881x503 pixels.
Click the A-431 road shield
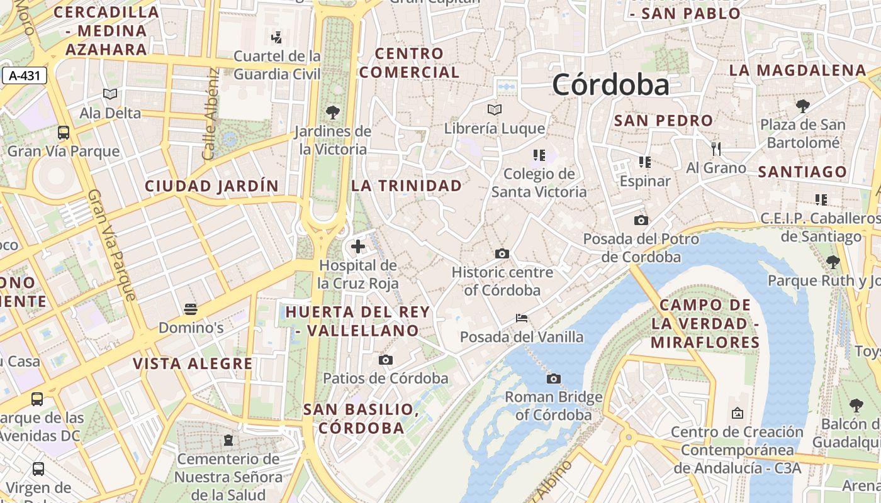click(x=25, y=76)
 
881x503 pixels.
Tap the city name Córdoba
click(x=610, y=85)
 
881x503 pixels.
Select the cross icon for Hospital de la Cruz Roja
click(x=358, y=246)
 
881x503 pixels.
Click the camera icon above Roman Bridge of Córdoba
click(x=553, y=379)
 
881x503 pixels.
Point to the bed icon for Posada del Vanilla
click(x=522, y=318)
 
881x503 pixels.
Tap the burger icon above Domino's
click(x=191, y=309)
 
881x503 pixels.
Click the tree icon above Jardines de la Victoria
click(x=333, y=113)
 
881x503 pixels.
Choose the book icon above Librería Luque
click(x=495, y=110)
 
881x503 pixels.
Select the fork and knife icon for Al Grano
click(x=715, y=149)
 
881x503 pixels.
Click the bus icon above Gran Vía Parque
click(x=64, y=133)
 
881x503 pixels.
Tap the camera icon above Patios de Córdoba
click(x=386, y=360)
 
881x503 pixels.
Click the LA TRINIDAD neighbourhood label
click(x=407, y=185)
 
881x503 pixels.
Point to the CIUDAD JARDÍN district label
click(x=211, y=186)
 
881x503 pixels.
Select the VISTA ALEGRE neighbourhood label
click(x=193, y=363)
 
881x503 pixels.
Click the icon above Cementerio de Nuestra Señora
click(x=228, y=440)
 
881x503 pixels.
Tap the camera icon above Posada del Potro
click(x=641, y=220)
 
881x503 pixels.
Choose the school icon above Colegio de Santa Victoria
click(x=539, y=155)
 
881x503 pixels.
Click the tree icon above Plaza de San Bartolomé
click(x=802, y=106)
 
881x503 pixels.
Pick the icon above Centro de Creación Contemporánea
click(x=737, y=413)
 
